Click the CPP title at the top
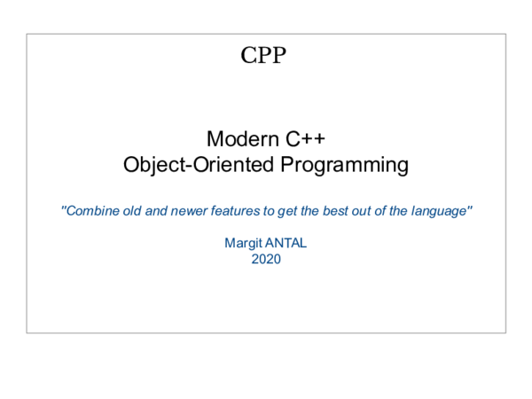point(263,55)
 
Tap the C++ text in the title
point(302,139)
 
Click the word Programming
point(344,164)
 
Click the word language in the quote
point(442,212)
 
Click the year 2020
point(266,259)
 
